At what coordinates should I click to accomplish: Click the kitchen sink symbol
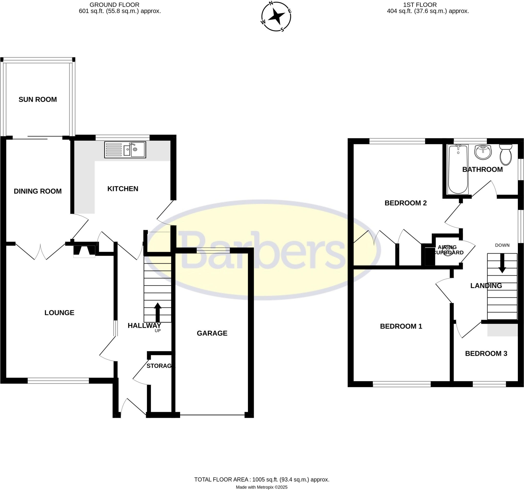[125, 150]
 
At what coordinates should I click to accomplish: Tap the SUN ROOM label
[38, 99]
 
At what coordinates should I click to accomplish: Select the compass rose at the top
[276, 17]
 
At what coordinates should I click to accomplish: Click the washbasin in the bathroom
[483, 152]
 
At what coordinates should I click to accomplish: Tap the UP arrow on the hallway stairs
[158, 312]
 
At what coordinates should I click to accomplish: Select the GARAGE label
[212, 333]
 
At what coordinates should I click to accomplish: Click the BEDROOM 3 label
[486, 353]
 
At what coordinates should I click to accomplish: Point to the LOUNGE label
[59, 313]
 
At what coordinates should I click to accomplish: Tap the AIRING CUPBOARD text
[448, 250]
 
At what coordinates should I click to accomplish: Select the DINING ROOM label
[38, 191]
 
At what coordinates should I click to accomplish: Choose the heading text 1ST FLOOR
[420, 5]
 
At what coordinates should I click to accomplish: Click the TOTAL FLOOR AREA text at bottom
[262, 480]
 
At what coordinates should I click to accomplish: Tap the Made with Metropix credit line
[261, 487]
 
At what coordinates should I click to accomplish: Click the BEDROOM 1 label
[401, 326]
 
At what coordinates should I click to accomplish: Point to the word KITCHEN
[123, 189]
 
